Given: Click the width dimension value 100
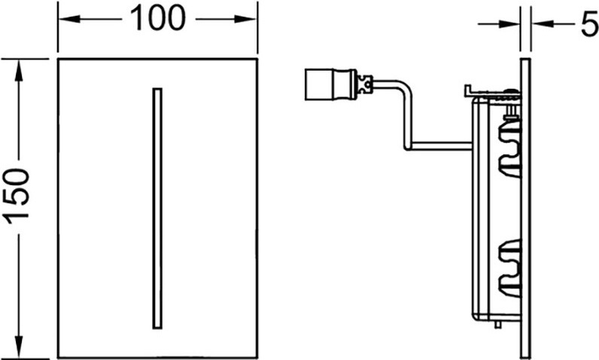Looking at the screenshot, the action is (x=157, y=18).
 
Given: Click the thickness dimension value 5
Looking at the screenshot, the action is (x=589, y=24).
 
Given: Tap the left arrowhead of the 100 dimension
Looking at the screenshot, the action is (x=69, y=19).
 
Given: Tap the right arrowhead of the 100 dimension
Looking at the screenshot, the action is (x=245, y=19).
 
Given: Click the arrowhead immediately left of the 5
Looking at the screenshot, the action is (x=543, y=24).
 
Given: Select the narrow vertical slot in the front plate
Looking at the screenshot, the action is (x=157, y=209).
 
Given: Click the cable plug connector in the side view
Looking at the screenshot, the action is (x=330, y=84).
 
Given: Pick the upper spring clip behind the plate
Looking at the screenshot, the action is (x=510, y=149).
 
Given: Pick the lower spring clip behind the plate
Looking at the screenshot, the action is (x=510, y=268).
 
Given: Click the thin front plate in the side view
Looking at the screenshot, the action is (x=525, y=209).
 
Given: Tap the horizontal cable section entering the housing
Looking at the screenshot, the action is (x=439, y=145).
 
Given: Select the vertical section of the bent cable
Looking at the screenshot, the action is (x=408, y=115).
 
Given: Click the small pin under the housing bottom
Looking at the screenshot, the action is (x=497, y=325).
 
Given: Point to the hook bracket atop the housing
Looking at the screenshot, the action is (x=492, y=92).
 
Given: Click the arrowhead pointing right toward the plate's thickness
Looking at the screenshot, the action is (x=509, y=24).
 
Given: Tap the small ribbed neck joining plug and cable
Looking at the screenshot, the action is (x=364, y=84).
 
